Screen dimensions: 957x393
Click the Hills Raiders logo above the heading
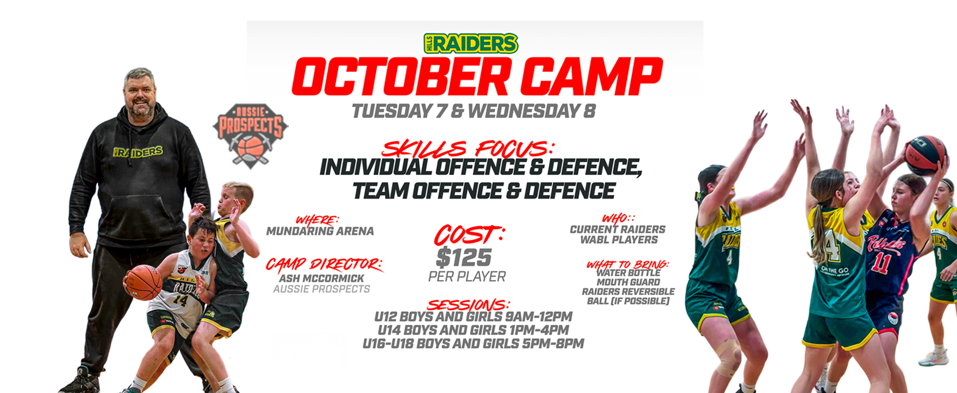470,43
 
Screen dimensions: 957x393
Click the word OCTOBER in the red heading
401,77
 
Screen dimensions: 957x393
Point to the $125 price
464,257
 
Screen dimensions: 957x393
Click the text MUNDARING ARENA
320,231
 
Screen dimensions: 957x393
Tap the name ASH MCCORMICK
321,278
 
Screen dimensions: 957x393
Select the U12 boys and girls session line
473,317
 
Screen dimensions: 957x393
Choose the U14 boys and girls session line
473,330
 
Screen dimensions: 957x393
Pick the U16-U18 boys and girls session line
473,343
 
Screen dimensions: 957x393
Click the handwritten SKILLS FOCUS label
468,148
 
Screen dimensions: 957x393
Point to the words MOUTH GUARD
628,282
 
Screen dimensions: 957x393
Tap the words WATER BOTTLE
629,273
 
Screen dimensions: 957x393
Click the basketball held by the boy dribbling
143,282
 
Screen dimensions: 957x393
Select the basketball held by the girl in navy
926,155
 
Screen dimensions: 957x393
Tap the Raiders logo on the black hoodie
138,152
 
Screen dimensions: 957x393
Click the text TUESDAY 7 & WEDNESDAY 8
474,111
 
